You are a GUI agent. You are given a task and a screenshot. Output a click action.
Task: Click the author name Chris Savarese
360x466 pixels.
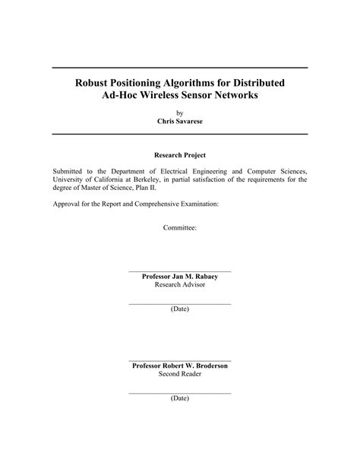[x=179, y=121]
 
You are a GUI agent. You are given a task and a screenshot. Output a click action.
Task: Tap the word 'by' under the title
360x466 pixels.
[x=179, y=111]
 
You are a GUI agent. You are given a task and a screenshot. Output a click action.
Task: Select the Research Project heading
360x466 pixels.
[x=179, y=154]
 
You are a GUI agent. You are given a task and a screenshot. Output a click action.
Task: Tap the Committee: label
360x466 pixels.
[x=179, y=227]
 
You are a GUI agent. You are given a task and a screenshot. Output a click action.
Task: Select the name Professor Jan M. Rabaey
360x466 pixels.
[x=179, y=277]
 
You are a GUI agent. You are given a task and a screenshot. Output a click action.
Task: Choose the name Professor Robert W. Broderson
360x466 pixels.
[x=179, y=366]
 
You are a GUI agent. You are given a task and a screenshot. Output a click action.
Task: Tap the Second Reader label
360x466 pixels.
[x=179, y=374]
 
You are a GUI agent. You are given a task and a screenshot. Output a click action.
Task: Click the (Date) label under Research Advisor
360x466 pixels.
[x=179, y=309]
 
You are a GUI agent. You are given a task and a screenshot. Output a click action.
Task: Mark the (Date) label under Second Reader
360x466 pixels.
[x=179, y=398]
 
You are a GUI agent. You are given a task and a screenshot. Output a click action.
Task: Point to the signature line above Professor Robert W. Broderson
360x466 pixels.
[x=179, y=360]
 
